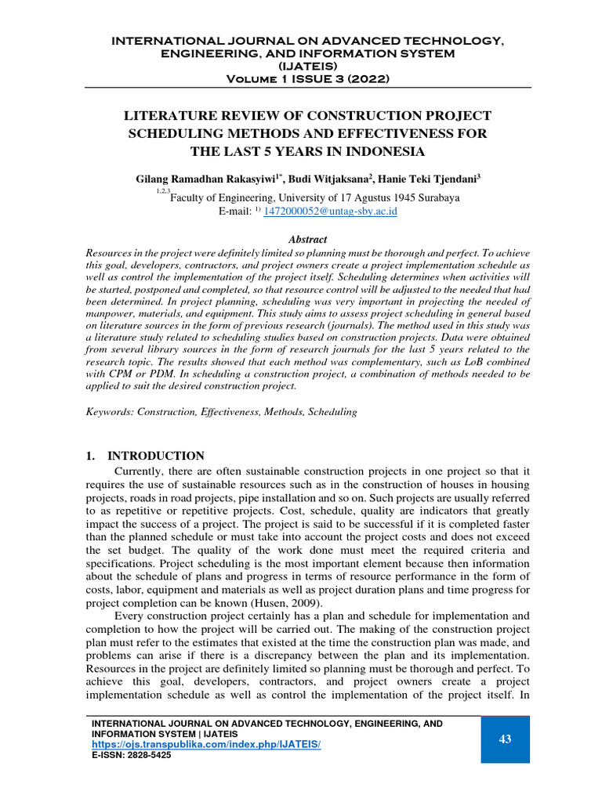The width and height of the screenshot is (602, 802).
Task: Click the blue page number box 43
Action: click(x=504, y=739)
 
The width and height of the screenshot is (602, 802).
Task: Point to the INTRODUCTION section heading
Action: click(x=156, y=456)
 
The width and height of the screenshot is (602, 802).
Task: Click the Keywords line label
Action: click(x=110, y=411)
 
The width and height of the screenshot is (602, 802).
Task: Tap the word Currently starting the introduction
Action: click(x=140, y=471)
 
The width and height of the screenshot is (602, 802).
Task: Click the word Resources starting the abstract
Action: click(x=108, y=252)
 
